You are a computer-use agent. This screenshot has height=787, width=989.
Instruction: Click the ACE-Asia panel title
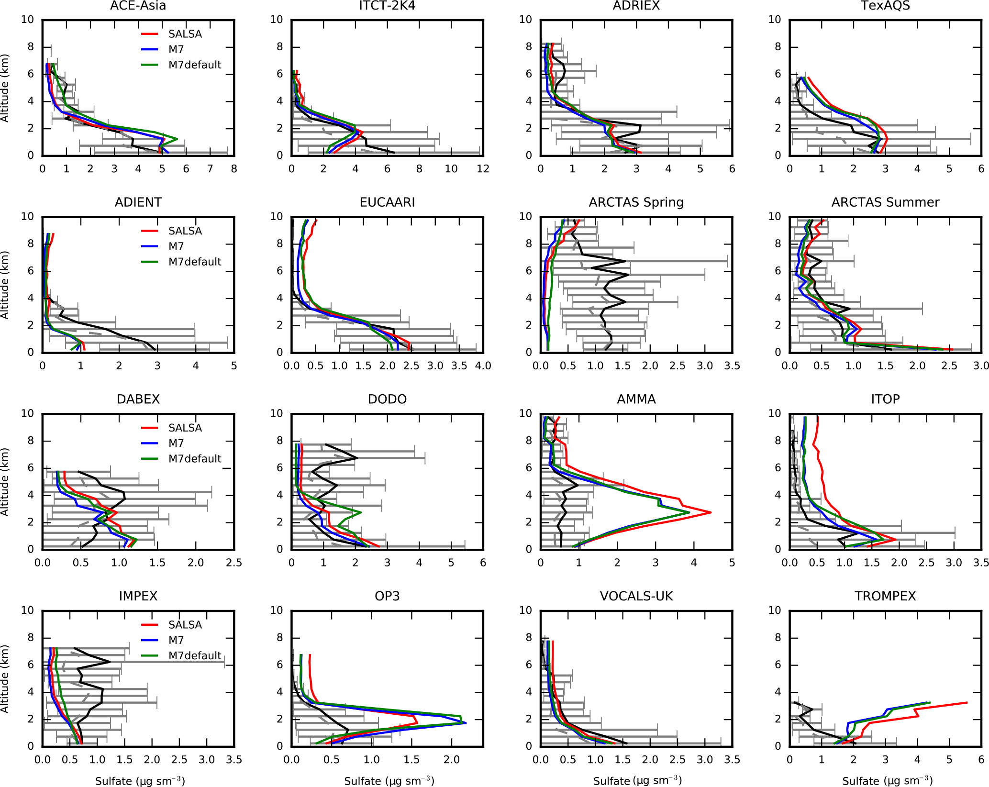click(138, 6)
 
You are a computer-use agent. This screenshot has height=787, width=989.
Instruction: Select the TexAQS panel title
click(885, 6)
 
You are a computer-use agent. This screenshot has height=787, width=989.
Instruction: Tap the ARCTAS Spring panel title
click(636, 202)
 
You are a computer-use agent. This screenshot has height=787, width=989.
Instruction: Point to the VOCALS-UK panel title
click(636, 596)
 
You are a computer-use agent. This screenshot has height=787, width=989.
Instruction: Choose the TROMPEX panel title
click(885, 596)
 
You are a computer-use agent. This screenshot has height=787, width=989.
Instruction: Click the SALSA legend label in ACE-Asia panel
click(185, 34)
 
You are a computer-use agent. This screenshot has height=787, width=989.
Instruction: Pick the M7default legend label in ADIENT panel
click(195, 262)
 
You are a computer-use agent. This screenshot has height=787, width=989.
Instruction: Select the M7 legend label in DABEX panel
click(176, 443)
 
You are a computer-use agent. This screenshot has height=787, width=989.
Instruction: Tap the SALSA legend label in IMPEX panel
click(185, 625)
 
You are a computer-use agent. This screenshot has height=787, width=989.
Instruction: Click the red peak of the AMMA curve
click(711, 512)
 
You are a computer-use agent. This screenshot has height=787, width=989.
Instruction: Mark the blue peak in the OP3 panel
click(466, 722)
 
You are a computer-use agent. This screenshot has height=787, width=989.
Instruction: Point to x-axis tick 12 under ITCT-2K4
click(483, 169)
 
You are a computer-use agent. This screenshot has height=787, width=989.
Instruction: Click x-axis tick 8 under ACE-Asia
click(234, 169)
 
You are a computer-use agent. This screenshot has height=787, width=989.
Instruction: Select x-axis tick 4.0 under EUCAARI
click(483, 366)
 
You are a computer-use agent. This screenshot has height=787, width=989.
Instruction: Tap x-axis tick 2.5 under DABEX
click(234, 563)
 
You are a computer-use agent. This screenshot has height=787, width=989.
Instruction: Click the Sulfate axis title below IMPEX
click(140, 781)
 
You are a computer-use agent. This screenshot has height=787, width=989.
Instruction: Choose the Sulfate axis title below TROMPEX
click(887, 781)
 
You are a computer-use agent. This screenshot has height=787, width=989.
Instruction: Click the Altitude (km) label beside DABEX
click(5, 482)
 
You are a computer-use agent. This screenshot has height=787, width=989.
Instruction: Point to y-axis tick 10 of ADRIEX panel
click(525, 20)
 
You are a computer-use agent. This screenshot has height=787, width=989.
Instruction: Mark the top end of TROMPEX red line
click(967, 703)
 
